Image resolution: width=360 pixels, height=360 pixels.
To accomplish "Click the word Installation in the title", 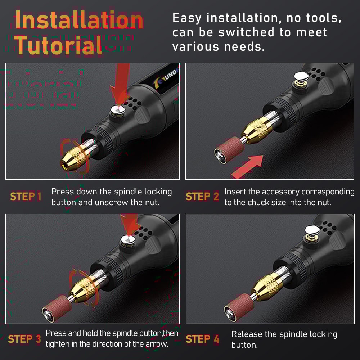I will point(79,21).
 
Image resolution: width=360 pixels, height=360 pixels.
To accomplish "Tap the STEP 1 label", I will point(26,197).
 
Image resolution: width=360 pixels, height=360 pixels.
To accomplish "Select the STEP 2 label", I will point(202,197).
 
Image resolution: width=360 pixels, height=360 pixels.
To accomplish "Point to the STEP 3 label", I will point(24,339).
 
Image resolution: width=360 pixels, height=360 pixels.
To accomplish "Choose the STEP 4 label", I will point(202,339).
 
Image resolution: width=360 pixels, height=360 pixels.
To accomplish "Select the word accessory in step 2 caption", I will point(281,192).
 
